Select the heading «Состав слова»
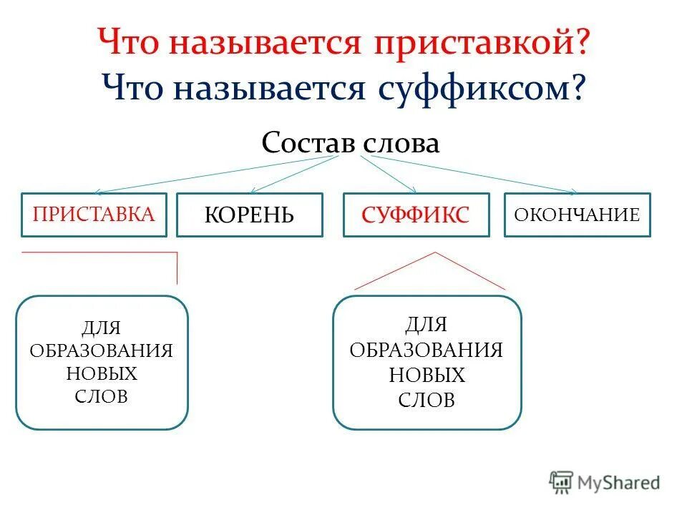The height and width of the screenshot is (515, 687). pyautogui.click(x=350, y=143)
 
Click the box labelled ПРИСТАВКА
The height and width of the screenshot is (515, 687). pyautogui.click(x=94, y=215)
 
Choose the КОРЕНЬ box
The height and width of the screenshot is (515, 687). pyautogui.click(x=249, y=215)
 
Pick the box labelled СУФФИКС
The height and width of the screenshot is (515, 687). pyautogui.click(x=416, y=215)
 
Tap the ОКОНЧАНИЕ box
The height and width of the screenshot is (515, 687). pyautogui.click(x=578, y=215)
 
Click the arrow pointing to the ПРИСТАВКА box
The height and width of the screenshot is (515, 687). pyautogui.click(x=215, y=174)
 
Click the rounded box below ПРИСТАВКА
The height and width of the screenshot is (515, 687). pyautogui.click(x=102, y=363)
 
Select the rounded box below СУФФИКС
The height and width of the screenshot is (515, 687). pyautogui.click(x=427, y=363)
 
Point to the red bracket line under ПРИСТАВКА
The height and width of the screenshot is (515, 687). pyautogui.click(x=100, y=253)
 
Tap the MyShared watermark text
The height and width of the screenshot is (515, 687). pyautogui.click(x=620, y=484)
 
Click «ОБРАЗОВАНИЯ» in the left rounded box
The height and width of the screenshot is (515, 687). pyautogui.click(x=102, y=351)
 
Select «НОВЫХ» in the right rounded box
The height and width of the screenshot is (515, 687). pyautogui.click(x=427, y=375)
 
